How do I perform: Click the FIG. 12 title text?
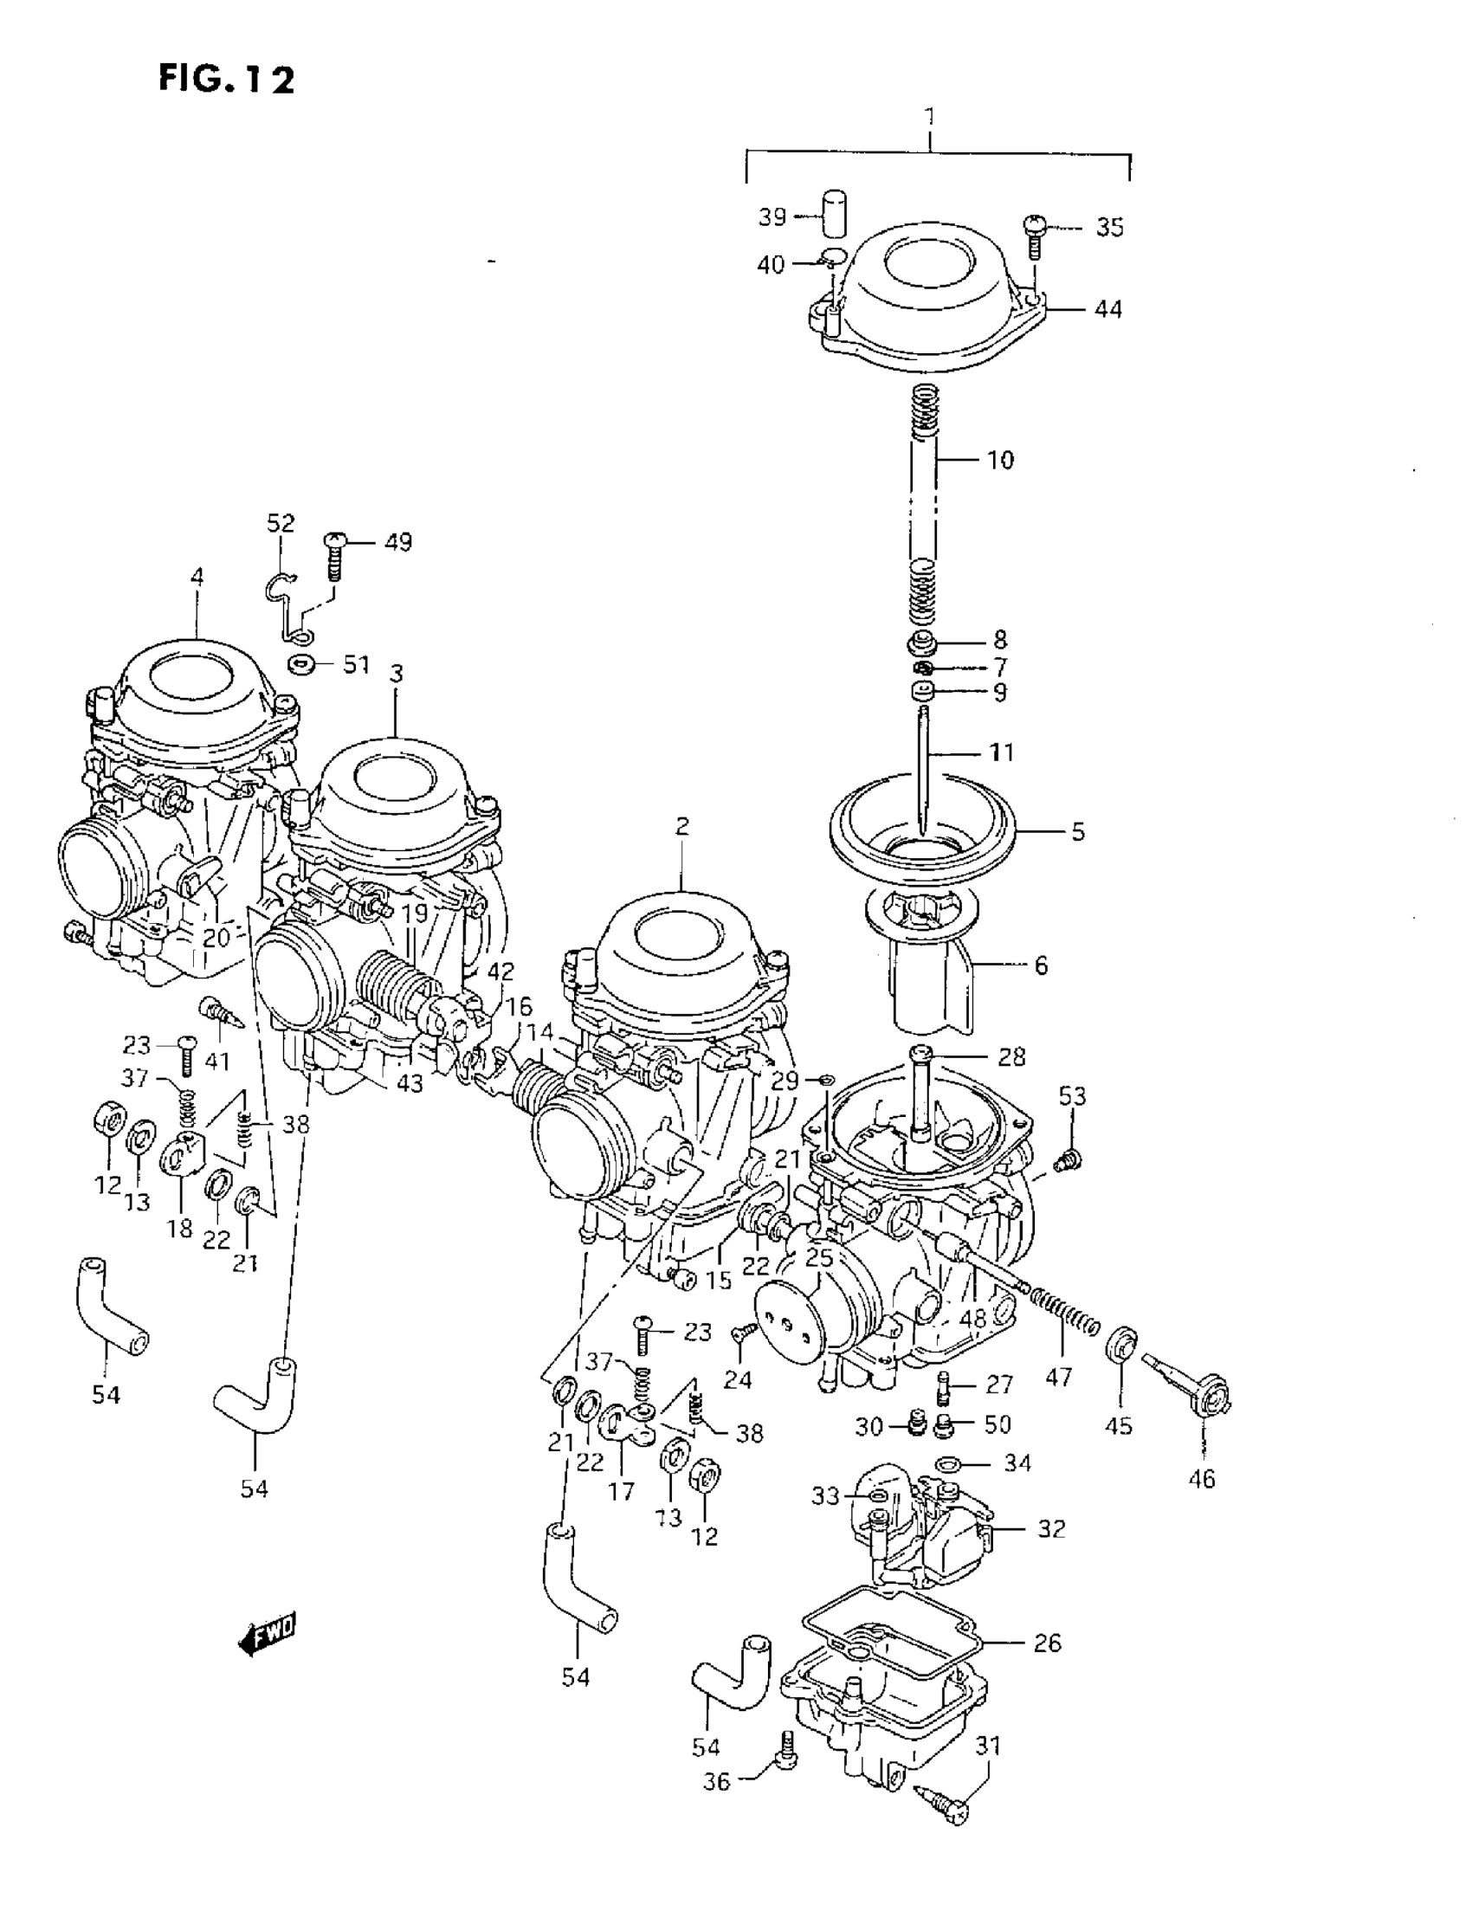pos(227,80)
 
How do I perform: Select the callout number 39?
pos(772,217)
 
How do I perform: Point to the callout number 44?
pos(1108,309)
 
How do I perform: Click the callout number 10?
pos(999,461)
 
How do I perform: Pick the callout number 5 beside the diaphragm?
pos(1078,831)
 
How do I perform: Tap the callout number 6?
pos(1041,965)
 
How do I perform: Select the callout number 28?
pos(1010,1057)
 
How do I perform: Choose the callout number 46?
pos(1202,1478)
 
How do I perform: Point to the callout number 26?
pos(1048,1643)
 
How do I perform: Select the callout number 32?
pos(1051,1528)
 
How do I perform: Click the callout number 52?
pos(281,523)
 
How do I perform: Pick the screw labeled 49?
pos(333,556)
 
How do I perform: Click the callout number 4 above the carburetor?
pos(197,577)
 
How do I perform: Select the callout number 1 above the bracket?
pos(930,116)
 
